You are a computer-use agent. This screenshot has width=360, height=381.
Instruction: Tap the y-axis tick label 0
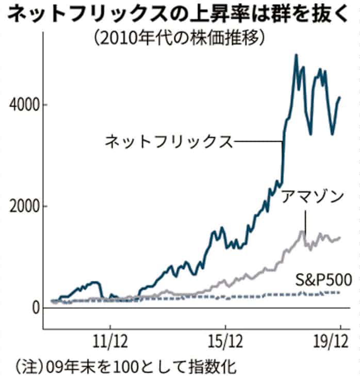point(36,307)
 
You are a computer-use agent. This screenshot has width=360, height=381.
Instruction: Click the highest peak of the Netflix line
point(296,55)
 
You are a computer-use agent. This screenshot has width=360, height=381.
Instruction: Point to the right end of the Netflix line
point(340,97)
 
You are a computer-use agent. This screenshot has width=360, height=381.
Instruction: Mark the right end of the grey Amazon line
point(340,238)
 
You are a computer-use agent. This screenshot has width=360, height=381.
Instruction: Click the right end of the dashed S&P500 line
point(340,293)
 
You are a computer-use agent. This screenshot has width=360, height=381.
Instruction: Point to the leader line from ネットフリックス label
point(258,141)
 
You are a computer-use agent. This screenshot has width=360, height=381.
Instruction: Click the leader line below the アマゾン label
point(305,222)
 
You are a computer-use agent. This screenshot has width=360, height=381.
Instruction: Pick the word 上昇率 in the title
point(220,14)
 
